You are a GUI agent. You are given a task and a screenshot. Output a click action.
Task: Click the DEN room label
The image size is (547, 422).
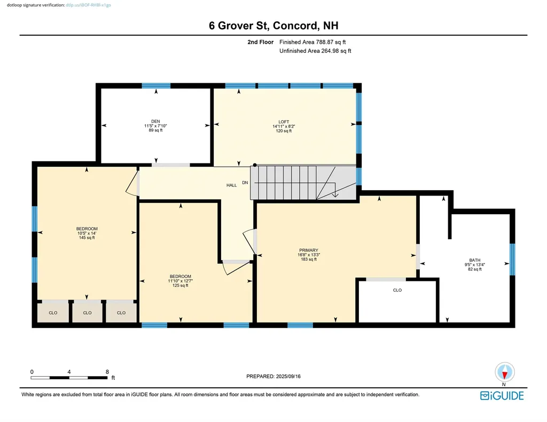(156, 121)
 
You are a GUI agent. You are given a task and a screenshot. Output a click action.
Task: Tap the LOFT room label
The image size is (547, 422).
(283, 121)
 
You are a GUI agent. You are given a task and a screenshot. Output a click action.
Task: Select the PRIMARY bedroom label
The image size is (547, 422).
(308, 250)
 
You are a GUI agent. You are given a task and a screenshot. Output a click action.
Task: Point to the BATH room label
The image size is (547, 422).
(474, 260)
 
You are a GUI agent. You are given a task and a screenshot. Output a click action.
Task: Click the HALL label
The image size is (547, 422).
(231, 185)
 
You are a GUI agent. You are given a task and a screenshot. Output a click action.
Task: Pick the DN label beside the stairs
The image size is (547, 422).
(245, 183)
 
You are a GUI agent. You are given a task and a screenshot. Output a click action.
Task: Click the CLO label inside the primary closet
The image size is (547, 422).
(397, 290)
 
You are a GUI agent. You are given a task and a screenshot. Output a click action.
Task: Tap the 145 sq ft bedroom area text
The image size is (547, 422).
(87, 238)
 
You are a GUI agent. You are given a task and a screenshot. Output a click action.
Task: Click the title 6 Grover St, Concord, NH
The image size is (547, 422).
(273, 25)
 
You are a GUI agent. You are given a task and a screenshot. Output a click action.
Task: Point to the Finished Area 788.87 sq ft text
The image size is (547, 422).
(315, 42)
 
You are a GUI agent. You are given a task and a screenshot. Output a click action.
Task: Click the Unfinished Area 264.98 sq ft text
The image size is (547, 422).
(315, 51)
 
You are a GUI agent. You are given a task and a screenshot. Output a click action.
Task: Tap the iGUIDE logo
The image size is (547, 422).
(502, 395)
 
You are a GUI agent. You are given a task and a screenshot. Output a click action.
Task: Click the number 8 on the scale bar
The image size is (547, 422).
(107, 371)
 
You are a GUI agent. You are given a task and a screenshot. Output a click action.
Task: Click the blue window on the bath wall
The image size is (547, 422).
(512, 259)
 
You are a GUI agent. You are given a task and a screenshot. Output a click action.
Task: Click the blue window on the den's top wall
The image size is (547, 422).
(156, 85)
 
